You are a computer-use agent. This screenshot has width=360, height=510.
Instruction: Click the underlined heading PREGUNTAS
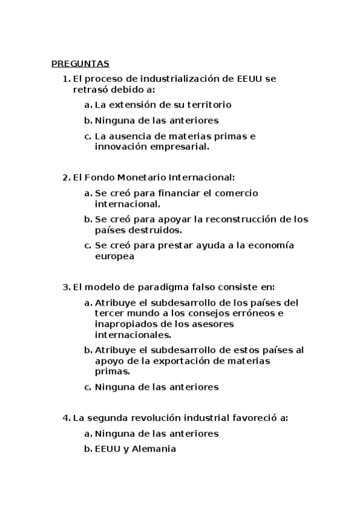(80, 63)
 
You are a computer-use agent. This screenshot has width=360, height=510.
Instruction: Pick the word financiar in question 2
(179, 193)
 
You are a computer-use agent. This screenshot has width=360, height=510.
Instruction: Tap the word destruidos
(153, 230)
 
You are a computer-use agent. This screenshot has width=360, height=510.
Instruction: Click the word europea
(114, 256)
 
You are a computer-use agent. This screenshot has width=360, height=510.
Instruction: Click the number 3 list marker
(66, 287)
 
